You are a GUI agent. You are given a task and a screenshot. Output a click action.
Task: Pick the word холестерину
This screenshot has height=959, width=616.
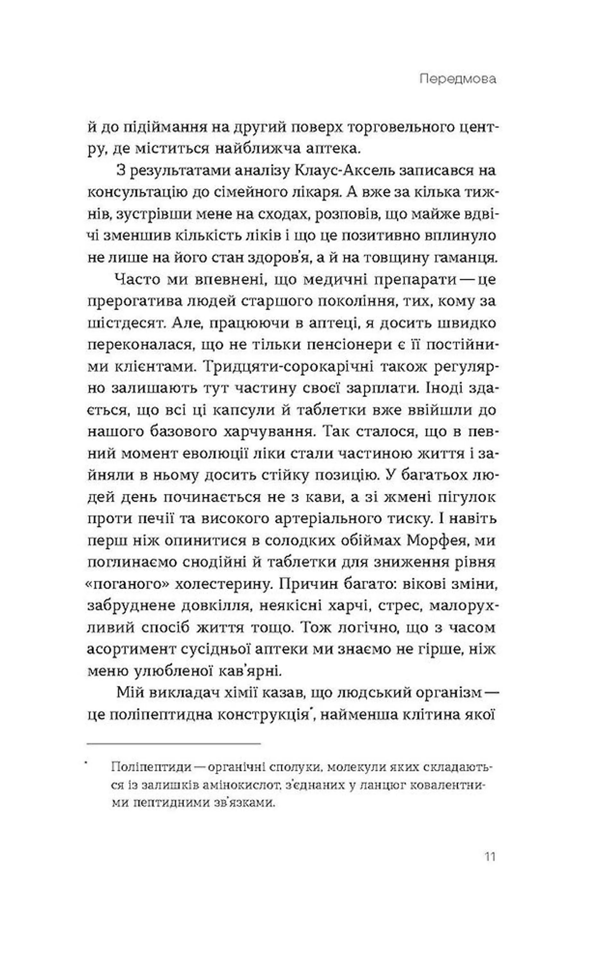pyautogui.click(x=222, y=584)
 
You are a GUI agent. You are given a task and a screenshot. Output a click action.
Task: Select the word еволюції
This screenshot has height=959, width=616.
pyautogui.click(x=211, y=453)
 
